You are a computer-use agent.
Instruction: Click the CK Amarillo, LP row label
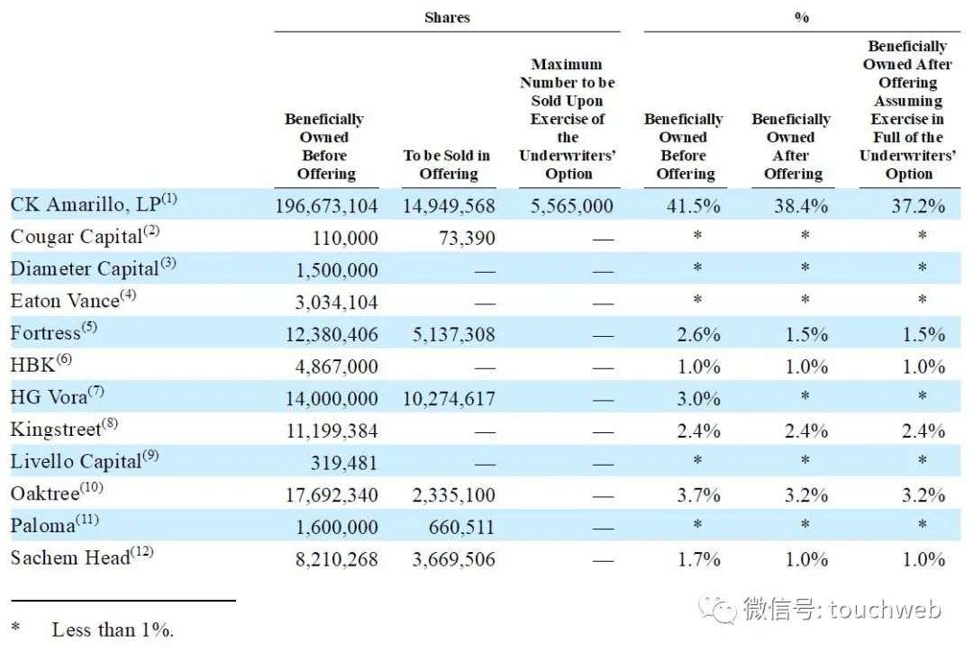point(94,204)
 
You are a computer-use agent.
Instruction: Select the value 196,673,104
point(326,206)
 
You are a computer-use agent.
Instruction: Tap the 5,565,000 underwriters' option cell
point(571,206)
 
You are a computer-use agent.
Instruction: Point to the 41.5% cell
point(693,206)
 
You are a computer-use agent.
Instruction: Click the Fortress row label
point(54,332)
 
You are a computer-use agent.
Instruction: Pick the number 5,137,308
point(453,334)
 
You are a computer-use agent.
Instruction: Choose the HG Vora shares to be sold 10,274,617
point(449,398)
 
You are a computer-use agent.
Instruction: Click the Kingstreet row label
point(64,428)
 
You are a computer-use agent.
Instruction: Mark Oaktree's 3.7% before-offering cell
point(698,495)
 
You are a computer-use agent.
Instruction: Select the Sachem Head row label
point(82,557)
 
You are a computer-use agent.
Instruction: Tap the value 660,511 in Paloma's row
point(461,528)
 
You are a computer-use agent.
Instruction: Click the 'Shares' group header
point(447,17)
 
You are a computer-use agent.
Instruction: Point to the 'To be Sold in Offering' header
point(447,165)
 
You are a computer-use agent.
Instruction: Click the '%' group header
point(801,17)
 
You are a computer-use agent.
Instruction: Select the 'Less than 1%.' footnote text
point(113,629)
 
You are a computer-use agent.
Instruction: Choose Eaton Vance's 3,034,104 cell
point(336,302)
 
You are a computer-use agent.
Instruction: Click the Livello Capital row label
point(85,461)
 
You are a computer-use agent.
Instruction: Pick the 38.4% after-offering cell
point(801,206)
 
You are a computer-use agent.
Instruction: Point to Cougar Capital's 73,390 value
point(467,238)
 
